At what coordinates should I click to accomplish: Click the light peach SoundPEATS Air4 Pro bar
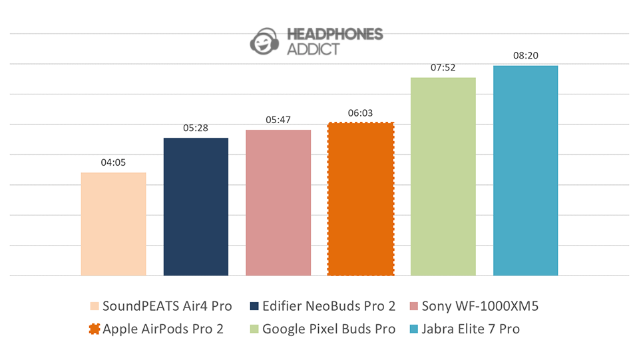pos(113,224)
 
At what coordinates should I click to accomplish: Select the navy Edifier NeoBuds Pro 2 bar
pos(196,206)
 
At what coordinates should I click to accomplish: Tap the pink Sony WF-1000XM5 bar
pos(278,202)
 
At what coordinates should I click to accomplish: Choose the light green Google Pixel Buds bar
pos(443,176)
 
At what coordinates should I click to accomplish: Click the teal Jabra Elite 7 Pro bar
pos(525,170)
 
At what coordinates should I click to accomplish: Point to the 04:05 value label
pos(113,162)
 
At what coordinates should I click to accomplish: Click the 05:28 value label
pos(196,127)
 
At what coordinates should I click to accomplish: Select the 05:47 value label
pos(278,119)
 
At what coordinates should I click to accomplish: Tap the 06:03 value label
pos(361,112)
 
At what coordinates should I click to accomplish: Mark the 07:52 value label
pos(443,67)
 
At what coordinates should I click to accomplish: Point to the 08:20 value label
pos(525,55)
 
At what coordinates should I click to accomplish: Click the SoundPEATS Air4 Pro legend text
pos(167,306)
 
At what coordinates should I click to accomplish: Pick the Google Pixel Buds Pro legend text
pos(329,329)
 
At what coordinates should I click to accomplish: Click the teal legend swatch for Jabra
pos(411,329)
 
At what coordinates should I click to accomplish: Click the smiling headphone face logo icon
pos(266,42)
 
